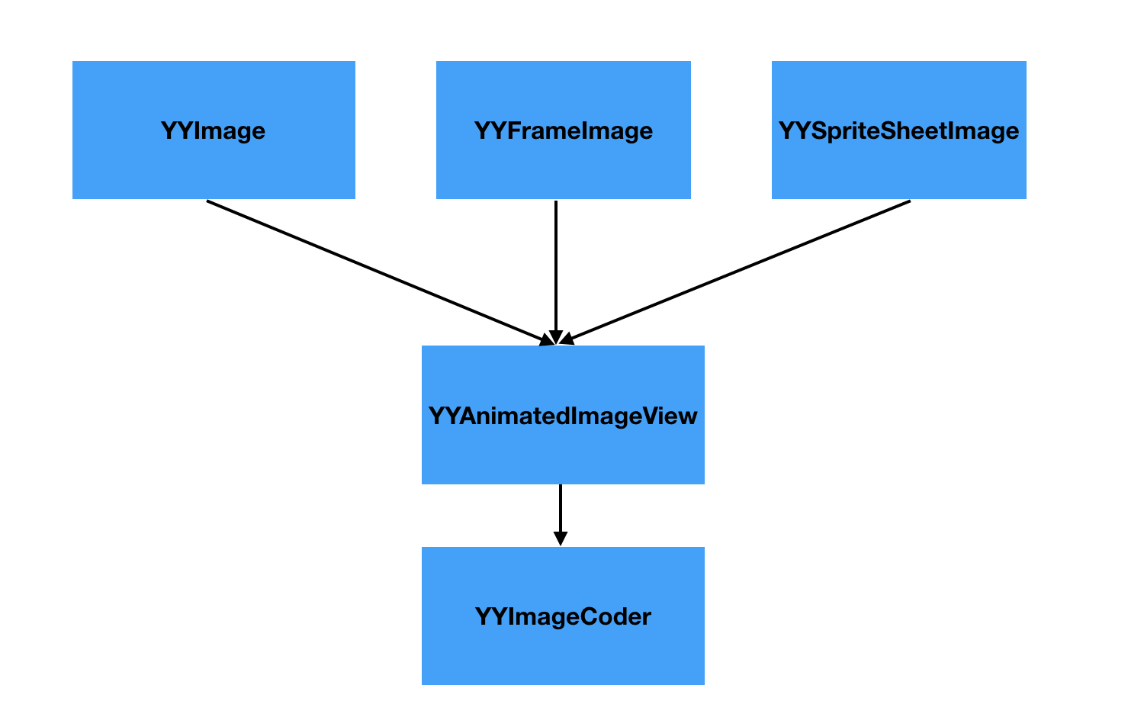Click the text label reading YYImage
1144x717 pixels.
pyautogui.click(x=214, y=130)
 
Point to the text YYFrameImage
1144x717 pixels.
pyautogui.click(x=563, y=130)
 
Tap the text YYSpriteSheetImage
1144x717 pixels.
pyautogui.click(x=898, y=130)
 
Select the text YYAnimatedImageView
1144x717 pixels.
pyautogui.click(x=563, y=416)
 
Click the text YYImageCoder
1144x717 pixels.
pyautogui.click(x=563, y=616)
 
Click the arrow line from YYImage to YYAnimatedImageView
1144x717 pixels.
pyautogui.click(x=374, y=271)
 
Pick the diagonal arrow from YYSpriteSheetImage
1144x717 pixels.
pyautogui.click(x=740, y=271)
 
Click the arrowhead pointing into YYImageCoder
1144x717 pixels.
pyautogui.click(x=561, y=539)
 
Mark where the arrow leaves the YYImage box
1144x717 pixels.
pyautogui.click(x=208, y=201)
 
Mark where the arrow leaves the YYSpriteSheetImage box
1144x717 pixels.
pyautogui.click(x=909, y=201)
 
